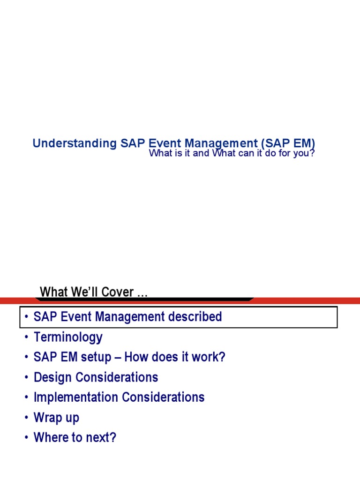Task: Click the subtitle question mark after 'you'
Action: point(311,153)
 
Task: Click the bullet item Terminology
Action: point(68,337)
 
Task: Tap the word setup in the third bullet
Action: point(95,357)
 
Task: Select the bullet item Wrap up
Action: point(56,418)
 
